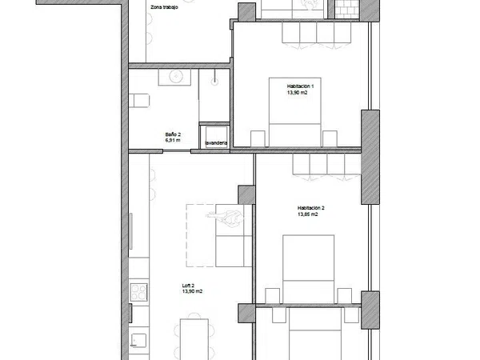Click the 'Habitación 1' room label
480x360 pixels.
(x=300, y=86)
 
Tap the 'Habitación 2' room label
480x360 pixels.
(x=310, y=208)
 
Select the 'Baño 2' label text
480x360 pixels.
(x=173, y=134)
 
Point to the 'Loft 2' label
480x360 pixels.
(x=188, y=286)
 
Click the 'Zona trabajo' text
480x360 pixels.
(x=164, y=7)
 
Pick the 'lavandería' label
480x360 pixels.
(x=216, y=143)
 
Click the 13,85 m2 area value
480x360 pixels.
(x=308, y=214)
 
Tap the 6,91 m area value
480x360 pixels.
(x=173, y=140)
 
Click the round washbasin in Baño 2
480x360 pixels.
(x=175, y=76)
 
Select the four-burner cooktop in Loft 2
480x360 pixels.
(x=139, y=292)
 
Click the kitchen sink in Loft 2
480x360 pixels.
(x=138, y=339)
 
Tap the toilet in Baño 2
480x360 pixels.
(x=138, y=101)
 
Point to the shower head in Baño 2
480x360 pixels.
(x=214, y=81)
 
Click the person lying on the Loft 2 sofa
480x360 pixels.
(x=225, y=217)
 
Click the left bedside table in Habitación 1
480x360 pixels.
(x=258, y=138)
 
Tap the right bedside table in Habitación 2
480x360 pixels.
(x=344, y=296)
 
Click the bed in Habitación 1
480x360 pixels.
(x=294, y=112)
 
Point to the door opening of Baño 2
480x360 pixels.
(x=177, y=151)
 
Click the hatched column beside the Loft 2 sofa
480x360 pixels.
(x=246, y=195)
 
